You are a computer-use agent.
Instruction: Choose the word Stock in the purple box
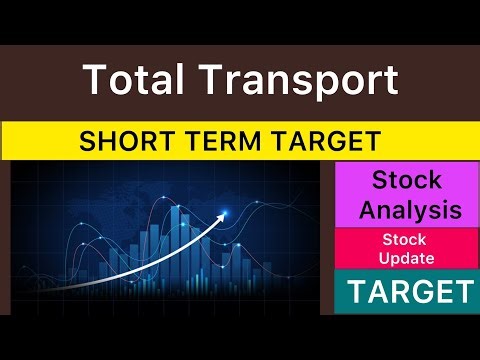click(x=405, y=181)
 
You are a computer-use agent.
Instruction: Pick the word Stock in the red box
click(x=405, y=240)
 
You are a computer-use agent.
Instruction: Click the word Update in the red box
click(x=405, y=258)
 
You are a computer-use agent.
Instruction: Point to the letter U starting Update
click(x=385, y=258)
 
